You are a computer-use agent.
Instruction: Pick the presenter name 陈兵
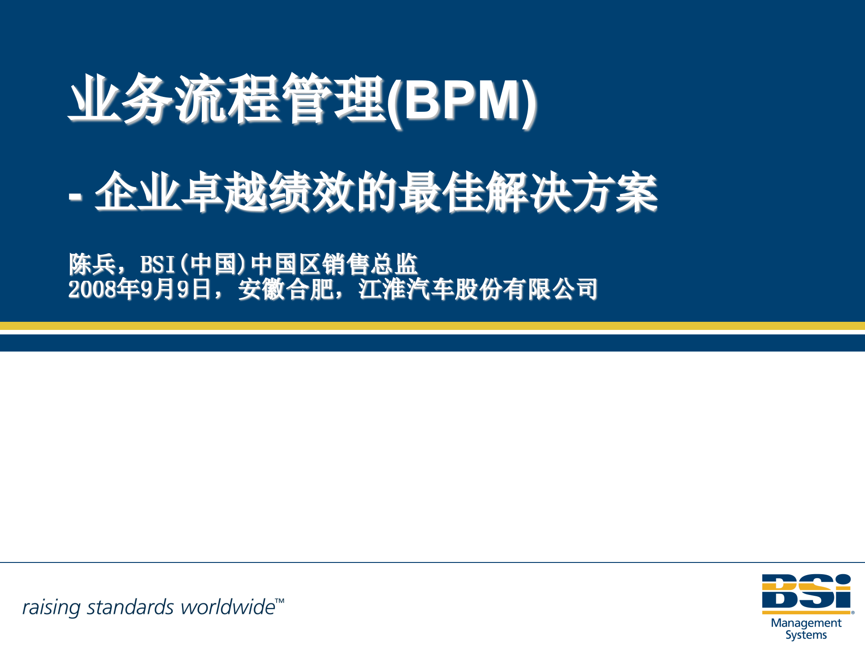pyautogui.click(x=92, y=264)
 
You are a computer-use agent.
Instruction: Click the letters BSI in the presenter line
pyautogui.click(x=157, y=265)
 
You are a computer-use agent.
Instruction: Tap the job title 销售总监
pyautogui.click(x=369, y=264)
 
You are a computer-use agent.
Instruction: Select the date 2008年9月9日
pyautogui.click(x=139, y=289)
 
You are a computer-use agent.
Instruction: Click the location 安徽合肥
pyautogui.click(x=286, y=289)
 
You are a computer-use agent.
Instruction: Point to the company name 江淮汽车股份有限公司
pyautogui.click(x=478, y=289)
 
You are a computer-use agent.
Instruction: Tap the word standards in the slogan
pyautogui.click(x=130, y=607)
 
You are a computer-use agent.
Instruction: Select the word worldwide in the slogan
pyautogui.click(x=228, y=607)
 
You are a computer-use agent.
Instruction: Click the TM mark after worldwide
pyautogui.click(x=280, y=601)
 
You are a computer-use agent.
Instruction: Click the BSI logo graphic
pyautogui.click(x=806, y=593)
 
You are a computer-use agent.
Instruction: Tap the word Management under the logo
pyautogui.click(x=806, y=623)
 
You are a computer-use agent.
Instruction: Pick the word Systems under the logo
pyautogui.click(x=806, y=635)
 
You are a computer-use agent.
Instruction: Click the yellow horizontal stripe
pyautogui.click(x=432, y=326)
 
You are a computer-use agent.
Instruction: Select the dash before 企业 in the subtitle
pyautogui.click(x=75, y=197)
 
